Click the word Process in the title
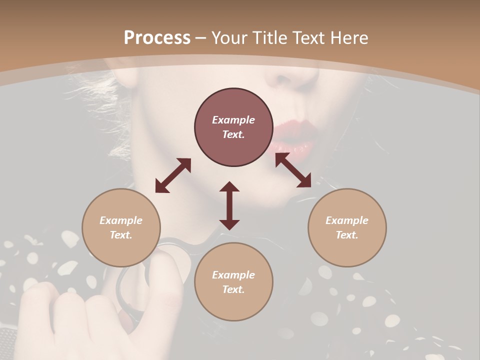pyautogui.click(x=157, y=38)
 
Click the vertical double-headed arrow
pyautogui.click(x=229, y=205)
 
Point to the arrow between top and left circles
pyautogui.click(x=173, y=175)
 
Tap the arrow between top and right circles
pyautogui.click(x=293, y=170)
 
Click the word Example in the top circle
pyautogui.click(x=233, y=120)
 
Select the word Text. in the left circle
pyautogui.click(x=121, y=235)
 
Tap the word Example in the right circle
pyautogui.click(x=347, y=220)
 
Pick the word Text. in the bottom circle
pyautogui.click(x=233, y=289)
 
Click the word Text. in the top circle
pyautogui.click(x=233, y=134)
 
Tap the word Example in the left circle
pyautogui.click(x=121, y=220)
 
